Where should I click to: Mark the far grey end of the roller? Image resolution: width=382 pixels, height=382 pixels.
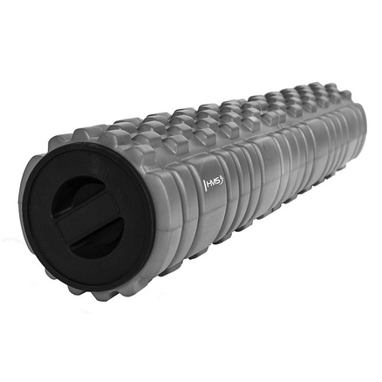(x=354, y=122)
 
